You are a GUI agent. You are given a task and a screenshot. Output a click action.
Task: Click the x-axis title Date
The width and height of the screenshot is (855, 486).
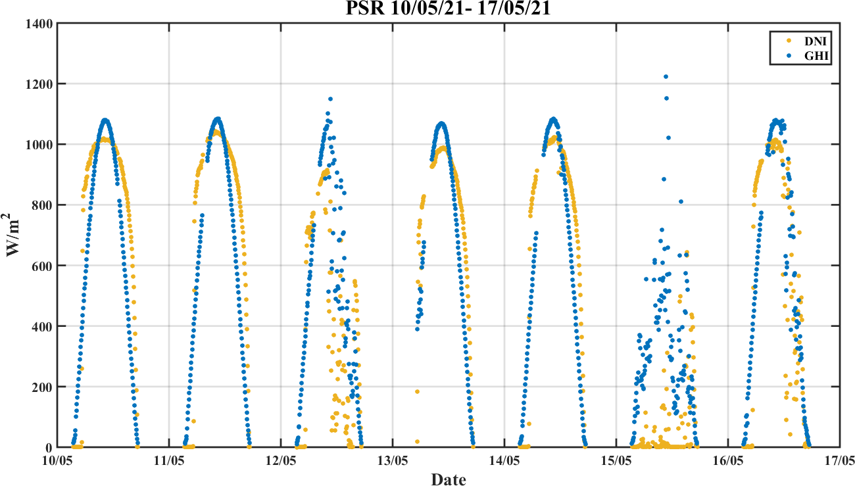pyautogui.click(x=448, y=479)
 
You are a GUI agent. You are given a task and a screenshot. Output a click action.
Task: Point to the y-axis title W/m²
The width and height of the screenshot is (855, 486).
pyautogui.click(x=14, y=235)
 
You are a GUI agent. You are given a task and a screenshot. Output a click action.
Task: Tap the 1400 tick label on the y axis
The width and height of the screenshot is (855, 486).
pyautogui.click(x=39, y=24)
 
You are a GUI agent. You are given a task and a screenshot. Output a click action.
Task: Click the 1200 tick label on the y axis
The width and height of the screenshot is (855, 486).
pyautogui.click(x=39, y=84)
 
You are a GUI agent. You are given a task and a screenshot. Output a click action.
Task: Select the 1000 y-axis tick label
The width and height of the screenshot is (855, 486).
pyautogui.click(x=39, y=145)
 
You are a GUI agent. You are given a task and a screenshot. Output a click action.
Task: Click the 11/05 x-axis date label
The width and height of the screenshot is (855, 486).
pyautogui.click(x=169, y=461)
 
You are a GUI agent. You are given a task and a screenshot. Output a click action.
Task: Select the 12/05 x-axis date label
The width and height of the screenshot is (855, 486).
pyautogui.click(x=281, y=461)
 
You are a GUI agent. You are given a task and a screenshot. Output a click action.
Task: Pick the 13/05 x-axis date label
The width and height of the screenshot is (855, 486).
pyautogui.click(x=393, y=461)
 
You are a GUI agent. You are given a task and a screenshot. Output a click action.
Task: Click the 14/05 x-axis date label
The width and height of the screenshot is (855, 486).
pyautogui.click(x=504, y=461)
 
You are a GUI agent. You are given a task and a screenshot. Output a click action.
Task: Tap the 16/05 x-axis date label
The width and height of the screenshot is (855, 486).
pyautogui.click(x=727, y=461)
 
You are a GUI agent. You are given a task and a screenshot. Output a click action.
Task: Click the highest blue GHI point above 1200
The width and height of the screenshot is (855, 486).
pyautogui.click(x=666, y=77)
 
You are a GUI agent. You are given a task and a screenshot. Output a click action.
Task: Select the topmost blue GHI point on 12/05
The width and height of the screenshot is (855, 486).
pyautogui.click(x=330, y=99)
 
